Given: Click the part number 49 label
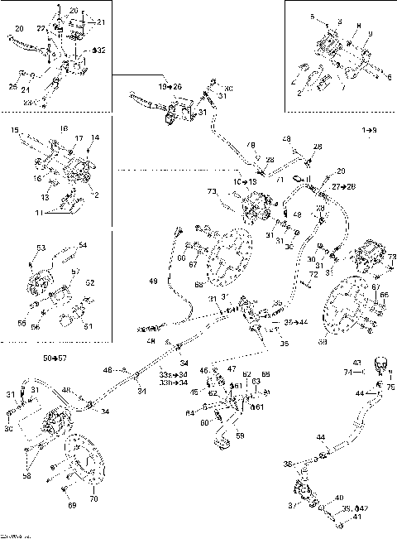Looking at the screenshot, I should tap(152, 282).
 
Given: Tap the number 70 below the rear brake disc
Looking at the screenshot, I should tap(92, 500).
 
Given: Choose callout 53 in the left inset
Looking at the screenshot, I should tap(40, 247).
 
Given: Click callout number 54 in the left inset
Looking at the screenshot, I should tap(83, 245).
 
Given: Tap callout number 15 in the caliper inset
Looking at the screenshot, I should tap(15, 131).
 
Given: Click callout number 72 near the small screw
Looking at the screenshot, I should tap(313, 273).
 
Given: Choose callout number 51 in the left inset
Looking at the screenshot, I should tap(88, 326).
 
